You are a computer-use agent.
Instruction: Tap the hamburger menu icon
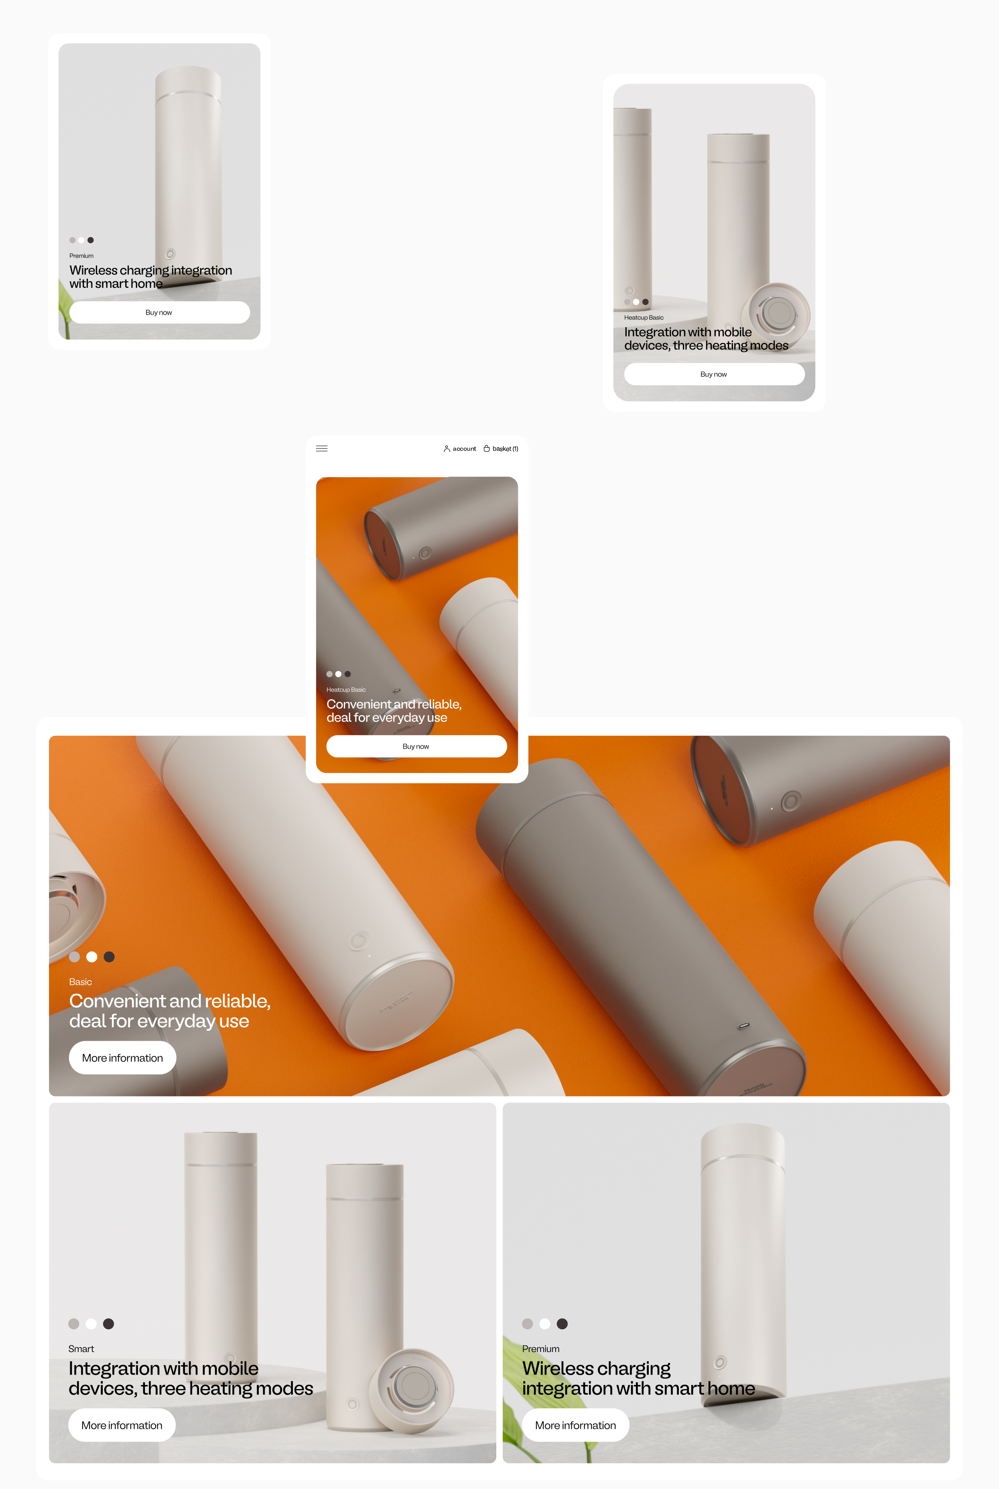[x=322, y=449]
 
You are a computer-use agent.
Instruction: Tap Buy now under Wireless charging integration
[x=159, y=312]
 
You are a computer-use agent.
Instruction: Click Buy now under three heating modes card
[x=714, y=374]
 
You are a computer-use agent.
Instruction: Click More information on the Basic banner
[x=122, y=1058]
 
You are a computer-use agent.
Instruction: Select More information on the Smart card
[x=122, y=1425]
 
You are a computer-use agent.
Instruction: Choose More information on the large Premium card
[x=575, y=1425]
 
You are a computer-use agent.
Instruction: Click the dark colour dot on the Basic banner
[x=109, y=956]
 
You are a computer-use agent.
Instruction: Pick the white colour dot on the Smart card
[x=91, y=1324]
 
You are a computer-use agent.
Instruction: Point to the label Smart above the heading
[x=81, y=1349]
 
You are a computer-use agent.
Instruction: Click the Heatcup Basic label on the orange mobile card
[x=346, y=690]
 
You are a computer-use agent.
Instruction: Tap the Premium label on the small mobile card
[x=81, y=256]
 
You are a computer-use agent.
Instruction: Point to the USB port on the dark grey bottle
[x=743, y=1026]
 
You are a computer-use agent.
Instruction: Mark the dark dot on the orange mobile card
[x=348, y=674]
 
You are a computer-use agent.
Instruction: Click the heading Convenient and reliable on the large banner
[x=169, y=1011]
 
